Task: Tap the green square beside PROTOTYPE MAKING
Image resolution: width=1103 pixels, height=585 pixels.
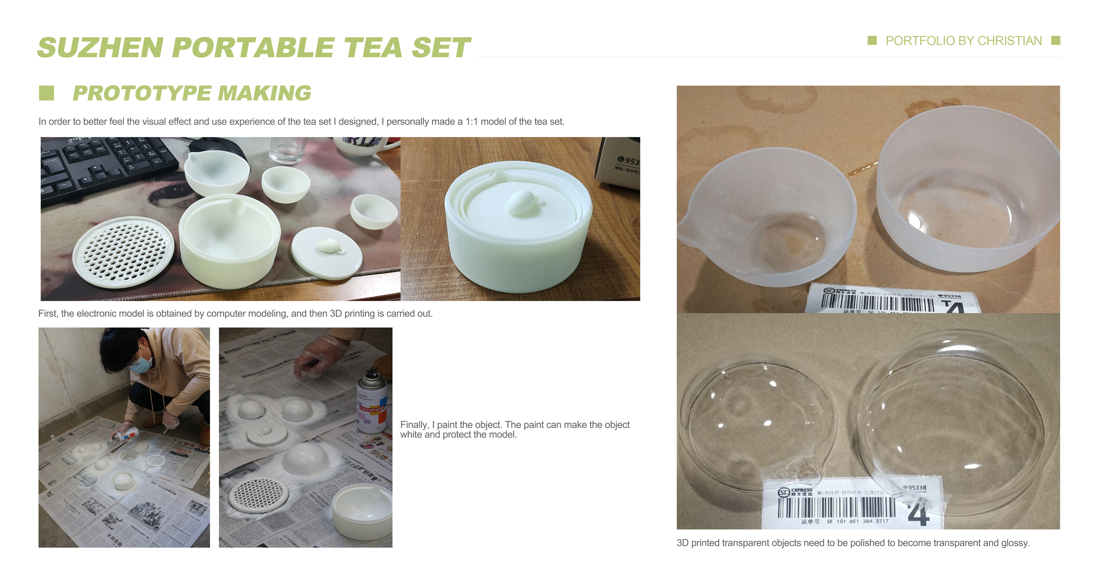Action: (46, 93)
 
